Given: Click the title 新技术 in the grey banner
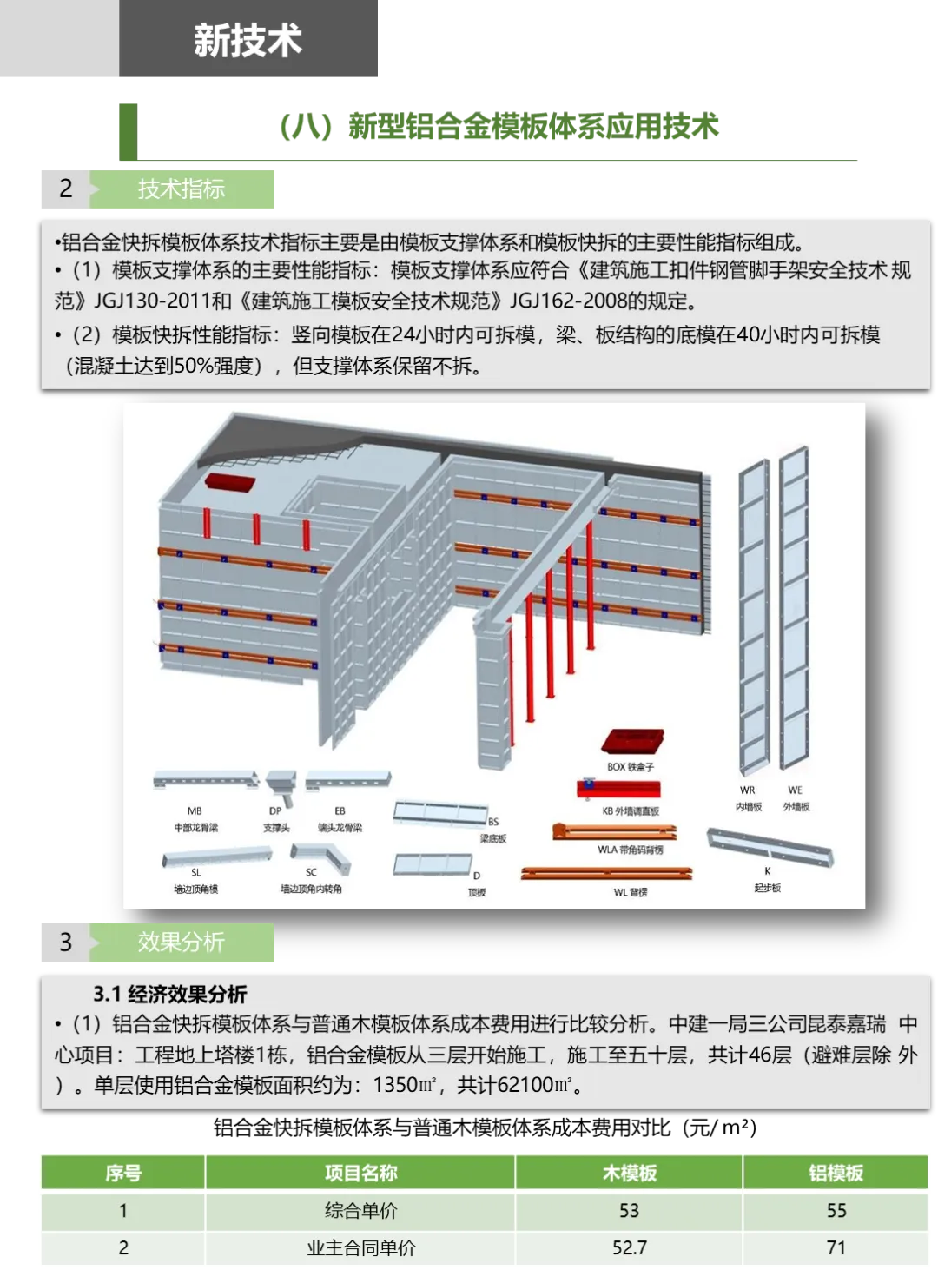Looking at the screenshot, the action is [248, 41].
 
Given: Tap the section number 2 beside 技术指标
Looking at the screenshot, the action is [65, 189].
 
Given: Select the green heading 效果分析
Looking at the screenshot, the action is [181, 942].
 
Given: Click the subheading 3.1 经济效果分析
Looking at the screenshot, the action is [170, 995].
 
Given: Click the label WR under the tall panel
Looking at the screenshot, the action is [747, 790].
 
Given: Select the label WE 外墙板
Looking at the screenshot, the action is [796, 797].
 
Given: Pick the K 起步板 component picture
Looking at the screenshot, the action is [770, 847].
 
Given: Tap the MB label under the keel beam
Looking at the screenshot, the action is [195, 811].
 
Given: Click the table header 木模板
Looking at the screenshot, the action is [629, 1173].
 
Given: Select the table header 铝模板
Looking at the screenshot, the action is [836, 1173].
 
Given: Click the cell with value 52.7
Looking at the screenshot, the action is [629, 1248].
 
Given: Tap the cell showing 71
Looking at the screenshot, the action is [836, 1248].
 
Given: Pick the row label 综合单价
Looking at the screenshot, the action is [360, 1211].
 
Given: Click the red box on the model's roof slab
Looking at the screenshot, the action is [230, 483].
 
